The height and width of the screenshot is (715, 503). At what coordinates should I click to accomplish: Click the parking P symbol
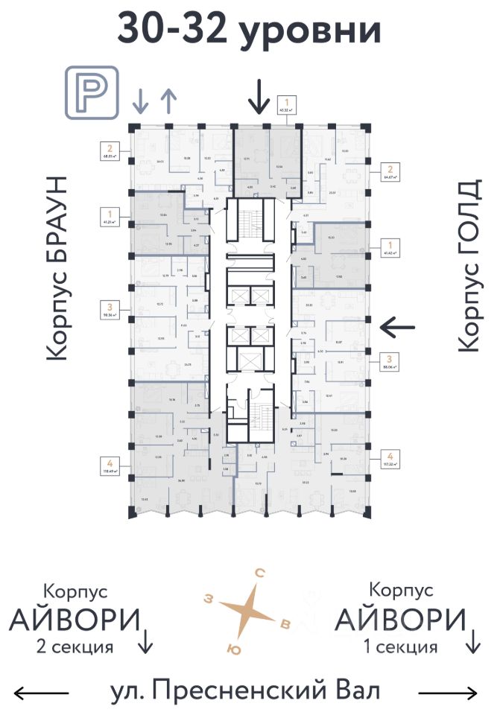click(x=92, y=92)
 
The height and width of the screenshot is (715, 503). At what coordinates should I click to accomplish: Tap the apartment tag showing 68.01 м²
click(x=110, y=152)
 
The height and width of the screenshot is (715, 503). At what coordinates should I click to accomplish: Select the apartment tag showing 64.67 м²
click(x=389, y=173)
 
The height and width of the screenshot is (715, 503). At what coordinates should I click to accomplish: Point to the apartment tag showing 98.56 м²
click(x=110, y=311)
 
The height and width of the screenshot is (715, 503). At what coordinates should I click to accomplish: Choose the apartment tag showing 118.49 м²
click(x=110, y=465)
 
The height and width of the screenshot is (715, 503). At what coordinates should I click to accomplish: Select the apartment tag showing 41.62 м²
click(x=389, y=247)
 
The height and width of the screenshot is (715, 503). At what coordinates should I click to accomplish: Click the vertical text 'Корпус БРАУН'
click(x=57, y=268)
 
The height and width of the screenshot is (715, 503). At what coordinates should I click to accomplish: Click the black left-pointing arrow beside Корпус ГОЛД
click(x=397, y=325)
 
